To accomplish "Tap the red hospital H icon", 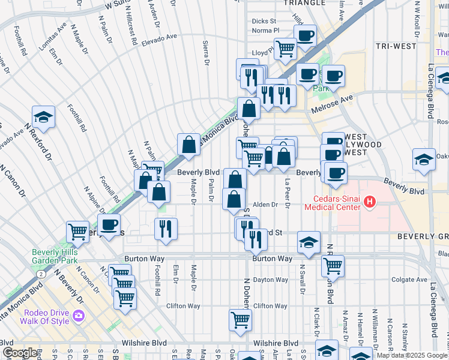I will (x=370, y=203).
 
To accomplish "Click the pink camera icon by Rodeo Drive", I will (x=79, y=315).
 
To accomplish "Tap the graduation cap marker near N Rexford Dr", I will (x=43, y=116).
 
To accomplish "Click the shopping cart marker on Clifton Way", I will (x=240, y=319).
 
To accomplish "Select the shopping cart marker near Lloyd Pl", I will (x=285, y=47).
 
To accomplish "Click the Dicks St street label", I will (x=264, y=21).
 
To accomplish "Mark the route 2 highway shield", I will (x=40, y=274).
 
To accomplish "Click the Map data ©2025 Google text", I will (x=411, y=355).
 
